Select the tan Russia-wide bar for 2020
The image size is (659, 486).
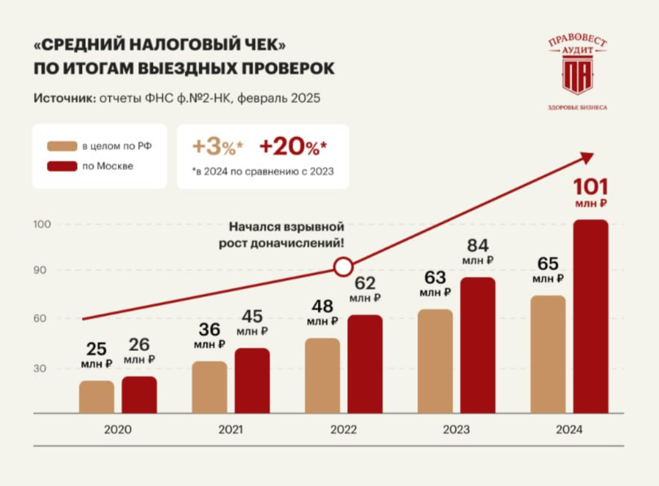click(97, 397)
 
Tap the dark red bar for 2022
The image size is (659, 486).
click(365, 364)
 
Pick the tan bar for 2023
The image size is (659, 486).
click(436, 361)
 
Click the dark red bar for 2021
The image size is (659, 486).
click(252, 381)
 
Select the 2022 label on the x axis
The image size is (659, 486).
click(343, 430)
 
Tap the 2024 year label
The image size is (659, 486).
click(569, 430)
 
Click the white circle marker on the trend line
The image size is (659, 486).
click(343, 267)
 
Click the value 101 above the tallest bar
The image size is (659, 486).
click(590, 187)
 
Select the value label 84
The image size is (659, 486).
click(477, 245)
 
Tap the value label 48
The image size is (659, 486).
click(323, 307)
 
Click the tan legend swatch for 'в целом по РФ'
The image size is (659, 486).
click(61, 146)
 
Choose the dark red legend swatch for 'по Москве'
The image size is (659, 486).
click(61, 167)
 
